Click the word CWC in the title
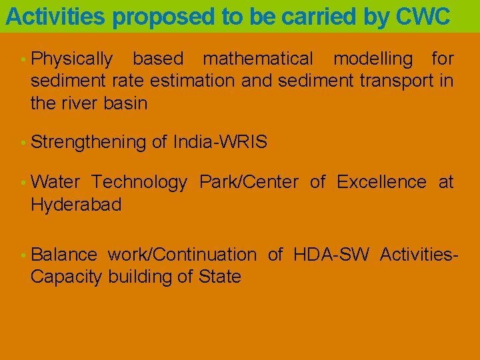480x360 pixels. (x=423, y=17)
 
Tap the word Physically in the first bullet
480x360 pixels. (x=72, y=59)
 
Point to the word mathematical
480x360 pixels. (x=258, y=59)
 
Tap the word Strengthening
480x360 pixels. (x=89, y=142)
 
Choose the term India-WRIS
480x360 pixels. (x=220, y=142)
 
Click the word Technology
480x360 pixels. (x=139, y=182)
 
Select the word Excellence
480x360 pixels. (x=381, y=182)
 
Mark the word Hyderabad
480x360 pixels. (x=76, y=205)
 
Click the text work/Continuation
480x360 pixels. (x=182, y=255)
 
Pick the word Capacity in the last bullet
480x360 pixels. (x=66, y=277)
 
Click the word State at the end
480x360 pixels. (x=220, y=277)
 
